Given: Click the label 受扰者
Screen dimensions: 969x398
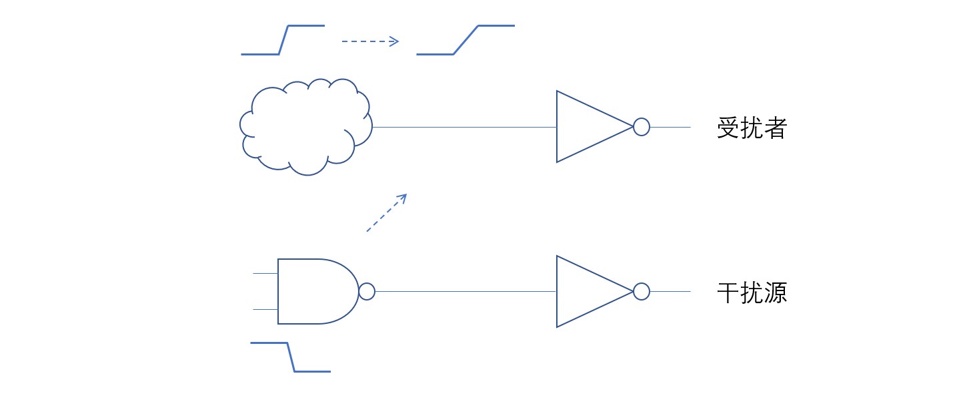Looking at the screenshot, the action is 752,128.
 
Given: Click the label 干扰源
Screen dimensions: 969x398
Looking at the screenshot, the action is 752,292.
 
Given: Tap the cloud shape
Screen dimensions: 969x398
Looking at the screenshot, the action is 305,127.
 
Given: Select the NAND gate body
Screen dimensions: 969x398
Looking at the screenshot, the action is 313,291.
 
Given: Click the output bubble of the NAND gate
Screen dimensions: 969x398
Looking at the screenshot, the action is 367,291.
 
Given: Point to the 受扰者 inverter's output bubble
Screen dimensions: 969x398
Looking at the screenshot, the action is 641,126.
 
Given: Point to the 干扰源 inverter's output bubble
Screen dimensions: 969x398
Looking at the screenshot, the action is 641,291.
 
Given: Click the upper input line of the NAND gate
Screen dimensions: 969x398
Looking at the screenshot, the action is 265,274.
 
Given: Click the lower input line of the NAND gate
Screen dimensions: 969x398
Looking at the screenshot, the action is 265,309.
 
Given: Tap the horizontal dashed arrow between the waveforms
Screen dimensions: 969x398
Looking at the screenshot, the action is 369,41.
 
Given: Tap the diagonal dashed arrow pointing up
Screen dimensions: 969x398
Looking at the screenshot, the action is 386,213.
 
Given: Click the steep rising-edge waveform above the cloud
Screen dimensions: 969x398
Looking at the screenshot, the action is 283,40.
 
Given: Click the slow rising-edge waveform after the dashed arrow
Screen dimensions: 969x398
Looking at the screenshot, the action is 465,40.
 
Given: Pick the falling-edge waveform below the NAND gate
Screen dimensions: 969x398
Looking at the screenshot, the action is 290,357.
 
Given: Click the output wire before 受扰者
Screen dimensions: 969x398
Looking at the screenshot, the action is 670,126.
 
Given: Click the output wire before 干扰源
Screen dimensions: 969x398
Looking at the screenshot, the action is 670,291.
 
